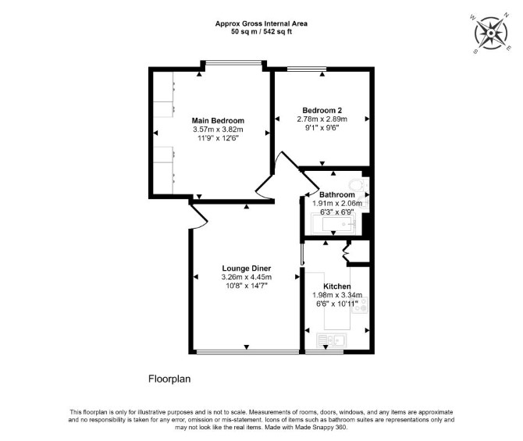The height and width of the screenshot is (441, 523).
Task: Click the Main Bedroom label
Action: [x=218, y=120]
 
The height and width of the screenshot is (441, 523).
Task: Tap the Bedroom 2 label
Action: [x=322, y=110]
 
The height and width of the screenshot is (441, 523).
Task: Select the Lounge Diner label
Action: [x=247, y=269]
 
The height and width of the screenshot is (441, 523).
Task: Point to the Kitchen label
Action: [x=337, y=286]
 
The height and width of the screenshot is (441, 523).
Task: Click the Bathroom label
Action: [x=337, y=194]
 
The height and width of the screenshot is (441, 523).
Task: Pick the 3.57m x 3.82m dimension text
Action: [x=218, y=130]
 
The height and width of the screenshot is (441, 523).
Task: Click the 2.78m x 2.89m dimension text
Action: [x=322, y=119]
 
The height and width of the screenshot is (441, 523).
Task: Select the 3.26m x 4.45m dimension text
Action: [x=247, y=277]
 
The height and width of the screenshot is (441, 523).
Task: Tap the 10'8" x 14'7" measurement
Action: [x=247, y=286]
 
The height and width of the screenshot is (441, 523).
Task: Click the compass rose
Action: [x=491, y=34]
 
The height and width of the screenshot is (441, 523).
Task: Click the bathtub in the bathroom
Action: [x=333, y=224]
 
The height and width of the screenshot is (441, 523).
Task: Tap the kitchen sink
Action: [x=331, y=340]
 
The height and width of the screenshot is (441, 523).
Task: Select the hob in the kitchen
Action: [x=361, y=305]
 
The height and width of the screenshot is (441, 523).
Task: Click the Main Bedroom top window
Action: [x=233, y=62]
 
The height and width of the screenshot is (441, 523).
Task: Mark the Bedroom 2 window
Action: [x=307, y=69]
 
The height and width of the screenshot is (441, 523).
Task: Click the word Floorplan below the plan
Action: [x=169, y=379]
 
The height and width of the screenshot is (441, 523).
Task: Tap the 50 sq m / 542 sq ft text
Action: [x=261, y=32]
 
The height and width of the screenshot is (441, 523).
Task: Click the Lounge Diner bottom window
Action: [x=247, y=351]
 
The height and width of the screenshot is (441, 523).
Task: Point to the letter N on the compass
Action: [x=507, y=16]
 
